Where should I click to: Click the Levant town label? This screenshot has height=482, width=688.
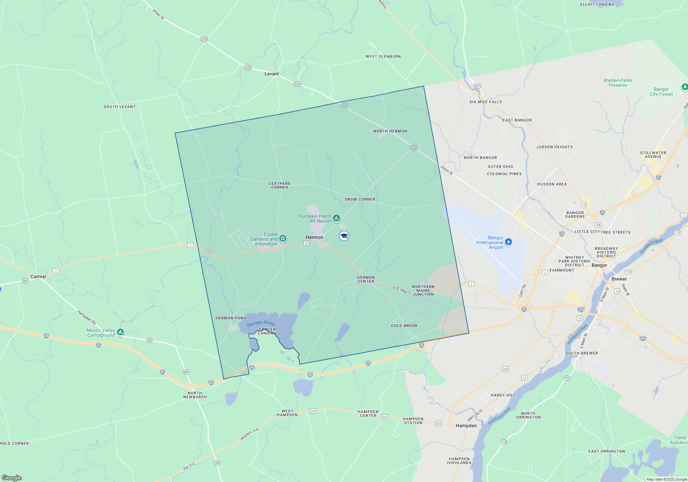tap(271, 74)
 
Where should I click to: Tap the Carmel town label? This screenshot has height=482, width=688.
tap(38, 276)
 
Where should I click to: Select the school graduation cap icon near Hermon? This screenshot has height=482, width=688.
tap(344, 236)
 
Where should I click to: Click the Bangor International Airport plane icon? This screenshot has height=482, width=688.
tap(508, 242)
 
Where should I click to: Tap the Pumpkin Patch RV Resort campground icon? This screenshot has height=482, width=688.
tap(336, 218)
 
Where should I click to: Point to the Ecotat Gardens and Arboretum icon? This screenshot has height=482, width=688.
tap(283, 238)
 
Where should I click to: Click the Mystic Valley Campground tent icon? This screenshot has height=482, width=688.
tap(120, 332)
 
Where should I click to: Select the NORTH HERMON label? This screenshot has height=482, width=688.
tap(390, 131)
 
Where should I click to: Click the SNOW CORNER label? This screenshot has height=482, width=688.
tap(360, 199)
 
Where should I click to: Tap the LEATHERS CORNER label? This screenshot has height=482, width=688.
tap(280, 185)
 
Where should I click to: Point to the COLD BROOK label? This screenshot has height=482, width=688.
tap(404, 326)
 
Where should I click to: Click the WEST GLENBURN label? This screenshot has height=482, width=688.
tap(383, 56)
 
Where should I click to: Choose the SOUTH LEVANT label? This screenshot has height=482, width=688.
tap(120, 107)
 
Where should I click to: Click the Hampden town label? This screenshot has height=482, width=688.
tap(466, 426)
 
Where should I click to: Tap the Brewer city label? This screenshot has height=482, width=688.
tap(619, 279)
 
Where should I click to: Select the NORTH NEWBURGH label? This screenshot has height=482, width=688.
tap(195, 395)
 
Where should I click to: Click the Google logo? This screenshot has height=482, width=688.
tap(12, 478)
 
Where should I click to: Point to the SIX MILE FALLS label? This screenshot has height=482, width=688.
tap(485, 102)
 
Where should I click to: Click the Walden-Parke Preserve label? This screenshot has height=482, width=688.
tap(617, 83)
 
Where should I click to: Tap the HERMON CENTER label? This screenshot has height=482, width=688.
tap(366, 279)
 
